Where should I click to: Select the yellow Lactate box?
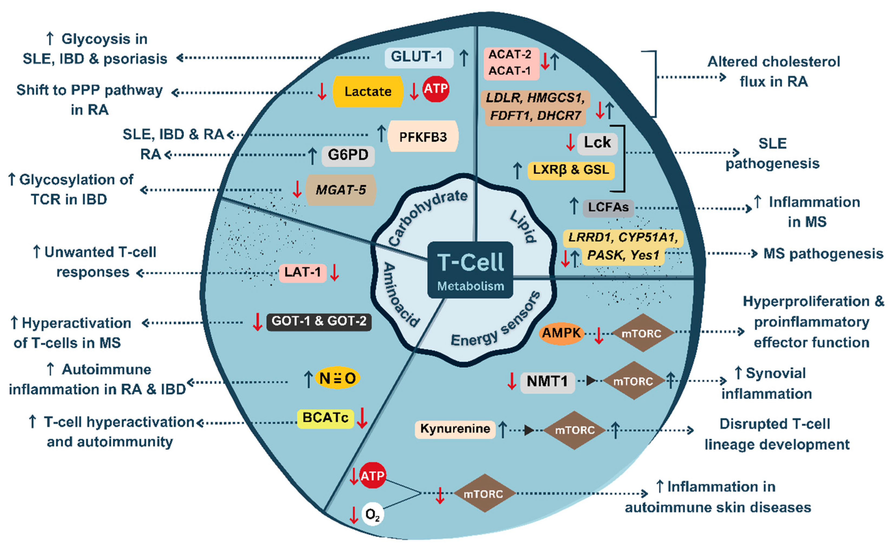[368, 92]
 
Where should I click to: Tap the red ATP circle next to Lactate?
[436, 89]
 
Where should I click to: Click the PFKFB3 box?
[423, 137]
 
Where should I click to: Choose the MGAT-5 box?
[341, 190]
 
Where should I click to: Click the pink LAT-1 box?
[303, 272]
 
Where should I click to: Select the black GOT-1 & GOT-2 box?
[319, 322]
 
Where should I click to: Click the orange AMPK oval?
[561, 333]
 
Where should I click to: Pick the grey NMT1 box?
[547, 382]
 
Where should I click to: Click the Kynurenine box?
[455, 429]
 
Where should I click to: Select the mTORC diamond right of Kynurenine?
[575, 430]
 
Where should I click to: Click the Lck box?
[597, 143]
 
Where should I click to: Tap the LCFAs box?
[608, 207]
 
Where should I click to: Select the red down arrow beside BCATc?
[362, 418]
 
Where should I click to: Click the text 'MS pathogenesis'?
[823, 254]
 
